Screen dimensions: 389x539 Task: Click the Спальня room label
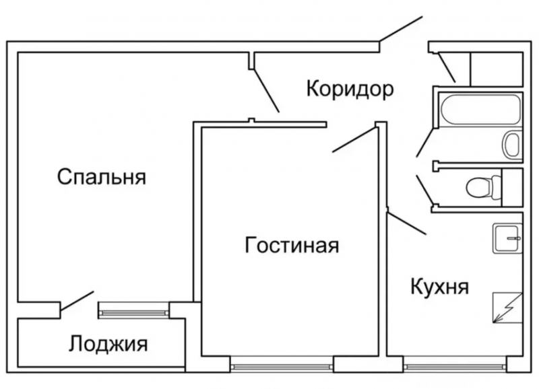click(102, 178)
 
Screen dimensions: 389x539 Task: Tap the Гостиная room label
click(291, 245)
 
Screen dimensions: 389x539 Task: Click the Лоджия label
click(108, 344)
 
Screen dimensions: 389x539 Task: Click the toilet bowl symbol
click(480, 185)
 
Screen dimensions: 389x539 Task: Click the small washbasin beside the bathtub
click(512, 143)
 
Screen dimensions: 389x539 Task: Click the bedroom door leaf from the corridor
click(265, 87)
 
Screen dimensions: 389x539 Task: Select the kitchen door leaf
click(407, 223)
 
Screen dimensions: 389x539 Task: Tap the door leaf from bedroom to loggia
click(77, 302)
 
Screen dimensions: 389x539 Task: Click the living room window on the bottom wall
click(281, 367)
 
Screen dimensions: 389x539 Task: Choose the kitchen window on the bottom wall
click(455, 367)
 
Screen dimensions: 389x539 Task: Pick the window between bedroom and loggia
click(133, 310)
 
